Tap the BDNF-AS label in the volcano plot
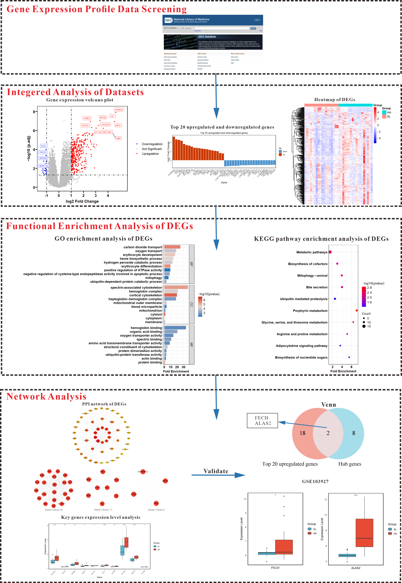coord(44,166)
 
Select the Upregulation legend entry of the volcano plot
coord(150,154)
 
